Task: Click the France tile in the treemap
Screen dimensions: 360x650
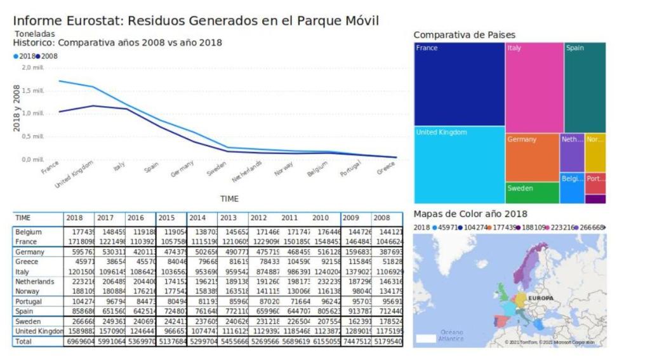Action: pyautogui.click(x=460, y=84)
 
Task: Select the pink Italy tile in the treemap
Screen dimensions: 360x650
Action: pyautogui.click(x=534, y=87)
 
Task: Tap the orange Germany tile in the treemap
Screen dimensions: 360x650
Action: pyautogui.click(x=532, y=157)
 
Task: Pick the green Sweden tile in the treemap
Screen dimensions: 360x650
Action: pyautogui.click(x=532, y=192)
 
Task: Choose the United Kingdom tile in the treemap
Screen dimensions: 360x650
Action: pyautogui.click(x=460, y=164)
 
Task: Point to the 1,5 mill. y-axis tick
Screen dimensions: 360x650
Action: pyautogui.click(x=33, y=90)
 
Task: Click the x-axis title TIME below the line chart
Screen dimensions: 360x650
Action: pyautogui.click(x=229, y=199)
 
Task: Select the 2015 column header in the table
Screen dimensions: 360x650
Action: pyautogui.click(x=166, y=218)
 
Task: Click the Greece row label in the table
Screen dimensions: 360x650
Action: pyautogui.click(x=27, y=262)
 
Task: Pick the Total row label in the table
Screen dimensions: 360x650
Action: pyautogui.click(x=24, y=342)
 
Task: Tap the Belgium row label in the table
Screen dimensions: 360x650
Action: pyautogui.click(x=28, y=232)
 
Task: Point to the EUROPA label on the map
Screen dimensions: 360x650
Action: pyautogui.click(x=541, y=298)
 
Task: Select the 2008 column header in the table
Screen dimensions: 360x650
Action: pyautogui.click(x=382, y=218)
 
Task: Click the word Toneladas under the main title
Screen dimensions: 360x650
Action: pyautogui.click(x=34, y=34)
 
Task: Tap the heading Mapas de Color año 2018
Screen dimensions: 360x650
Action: pyautogui.click(x=470, y=214)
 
